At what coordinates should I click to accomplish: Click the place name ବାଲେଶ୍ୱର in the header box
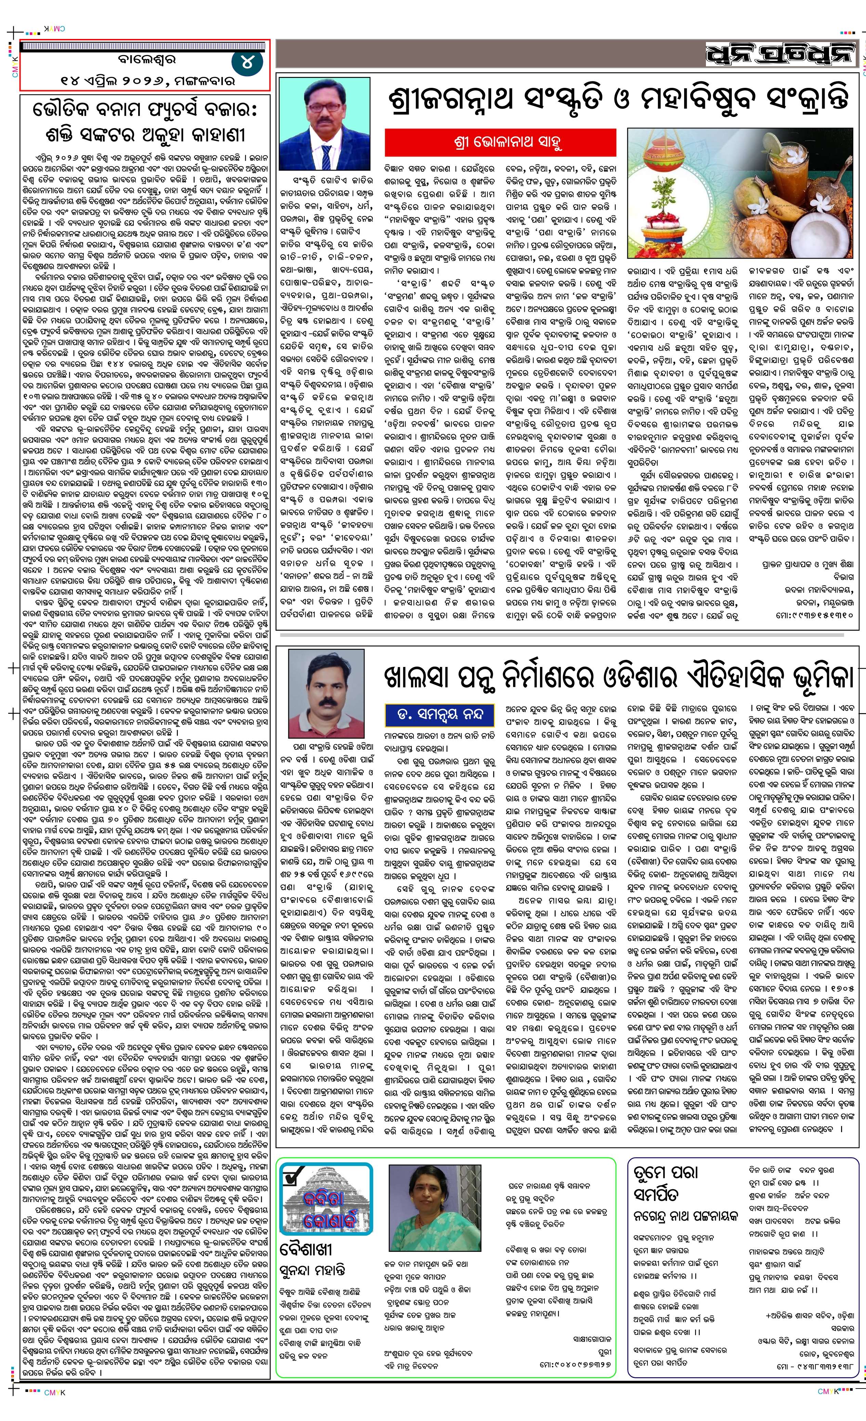pyautogui.click(x=144, y=59)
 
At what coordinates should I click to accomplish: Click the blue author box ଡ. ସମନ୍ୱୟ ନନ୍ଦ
pyautogui.click(x=439, y=714)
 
